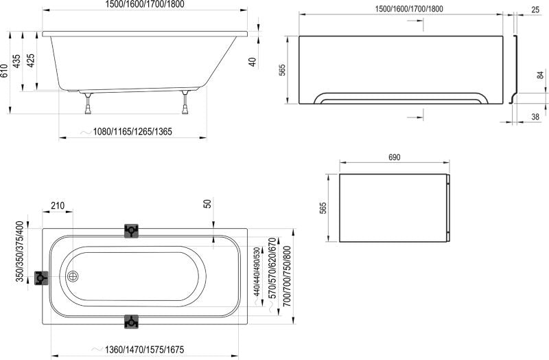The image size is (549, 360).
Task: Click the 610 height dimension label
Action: (x=5, y=71)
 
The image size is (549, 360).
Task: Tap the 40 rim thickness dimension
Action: (x=253, y=60)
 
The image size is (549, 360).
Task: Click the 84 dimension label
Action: (x=540, y=76)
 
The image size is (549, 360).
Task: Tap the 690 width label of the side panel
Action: (x=394, y=158)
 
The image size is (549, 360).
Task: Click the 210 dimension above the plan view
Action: (x=58, y=205)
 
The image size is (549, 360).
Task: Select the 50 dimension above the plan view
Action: (x=207, y=205)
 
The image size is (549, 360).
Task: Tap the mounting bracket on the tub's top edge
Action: (x=131, y=231)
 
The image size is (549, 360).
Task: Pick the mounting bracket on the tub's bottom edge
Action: (x=131, y=320)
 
